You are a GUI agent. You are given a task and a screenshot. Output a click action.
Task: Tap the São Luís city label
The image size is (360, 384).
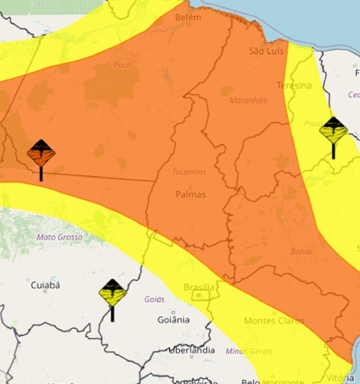coord(267,51)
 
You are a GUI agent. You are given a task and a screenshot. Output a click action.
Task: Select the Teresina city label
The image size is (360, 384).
coord(294,86)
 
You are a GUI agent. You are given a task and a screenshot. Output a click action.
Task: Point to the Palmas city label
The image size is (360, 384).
coord(191,194)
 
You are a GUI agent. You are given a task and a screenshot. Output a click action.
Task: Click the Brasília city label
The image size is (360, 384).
coord(199,288)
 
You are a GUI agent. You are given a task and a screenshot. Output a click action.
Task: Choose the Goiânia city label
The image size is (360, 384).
coord(174,320)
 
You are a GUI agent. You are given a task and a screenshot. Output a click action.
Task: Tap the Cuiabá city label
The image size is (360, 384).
coord(46,286)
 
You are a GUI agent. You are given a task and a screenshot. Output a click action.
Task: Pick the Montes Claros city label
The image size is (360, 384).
coord(274,321)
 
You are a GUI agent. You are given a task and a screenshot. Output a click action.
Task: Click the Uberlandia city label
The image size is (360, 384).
coord(192,350)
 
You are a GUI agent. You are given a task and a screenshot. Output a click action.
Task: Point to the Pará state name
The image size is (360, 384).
coord(122,65)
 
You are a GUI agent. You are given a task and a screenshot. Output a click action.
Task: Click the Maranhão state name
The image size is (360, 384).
coord(248,101)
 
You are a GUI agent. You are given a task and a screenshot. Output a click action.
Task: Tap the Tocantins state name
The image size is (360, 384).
coord(190,172)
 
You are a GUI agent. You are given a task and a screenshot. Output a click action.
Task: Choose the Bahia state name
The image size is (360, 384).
coord(301,251)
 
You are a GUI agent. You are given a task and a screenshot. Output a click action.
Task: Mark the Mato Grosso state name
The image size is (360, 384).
coord(60,237)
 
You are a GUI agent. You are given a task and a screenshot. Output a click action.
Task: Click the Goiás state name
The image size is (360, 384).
coord(155,299)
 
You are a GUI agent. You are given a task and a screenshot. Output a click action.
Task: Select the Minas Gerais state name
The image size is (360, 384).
coord(250,351)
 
